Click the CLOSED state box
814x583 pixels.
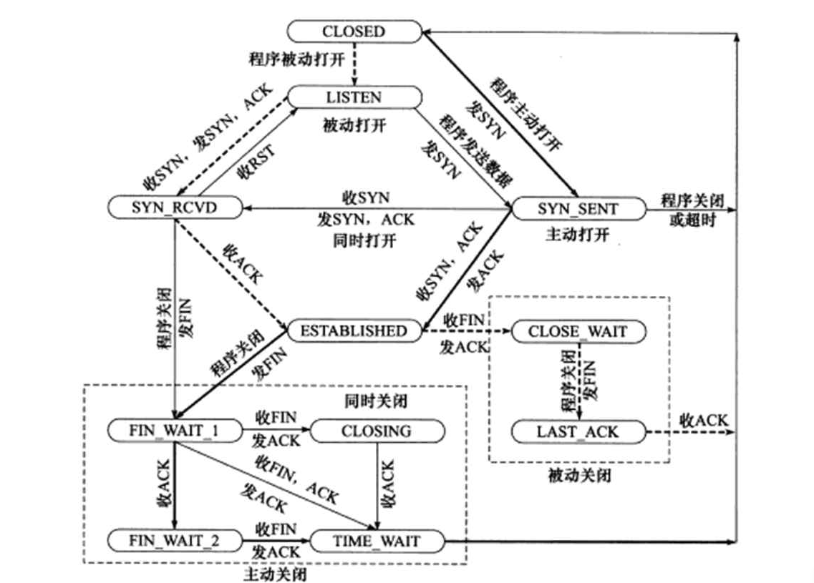(354, 31)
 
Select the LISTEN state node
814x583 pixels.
(354, 97)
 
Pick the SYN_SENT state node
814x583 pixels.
(577, 208)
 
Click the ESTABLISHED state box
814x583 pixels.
(354, 331)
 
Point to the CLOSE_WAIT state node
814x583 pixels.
(577, 331)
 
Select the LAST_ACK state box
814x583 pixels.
(577, 431)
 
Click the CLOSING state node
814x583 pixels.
(377, 431)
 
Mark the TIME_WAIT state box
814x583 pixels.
(377, 541)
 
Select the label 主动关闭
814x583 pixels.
(275, 574)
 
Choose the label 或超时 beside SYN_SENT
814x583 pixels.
(689, 221)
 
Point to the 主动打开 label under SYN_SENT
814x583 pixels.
(577, 234)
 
